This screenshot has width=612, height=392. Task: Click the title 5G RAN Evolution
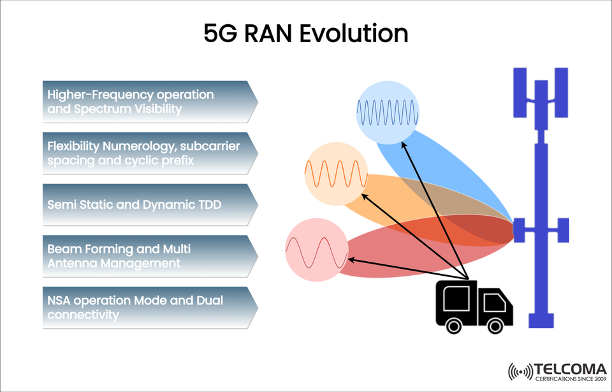coord(305,33)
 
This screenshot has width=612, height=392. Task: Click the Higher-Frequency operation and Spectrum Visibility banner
coord(150,102)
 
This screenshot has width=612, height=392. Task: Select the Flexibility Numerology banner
coord(150,153)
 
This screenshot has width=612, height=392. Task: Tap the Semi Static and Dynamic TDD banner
coord(150,205)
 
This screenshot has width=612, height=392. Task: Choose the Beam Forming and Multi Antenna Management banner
coord(150,256)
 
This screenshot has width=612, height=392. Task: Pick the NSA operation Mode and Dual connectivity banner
coord(150,307)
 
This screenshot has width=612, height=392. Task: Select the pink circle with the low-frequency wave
coord(316,250)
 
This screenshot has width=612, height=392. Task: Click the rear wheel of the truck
coord(453,325)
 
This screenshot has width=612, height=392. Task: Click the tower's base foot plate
coord(541,324)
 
